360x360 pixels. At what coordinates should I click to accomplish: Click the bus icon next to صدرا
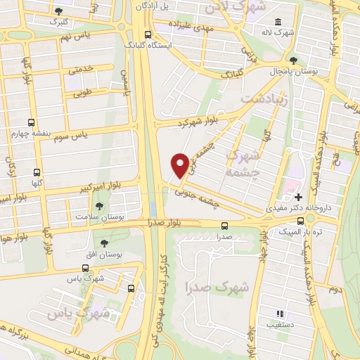click(224, 226)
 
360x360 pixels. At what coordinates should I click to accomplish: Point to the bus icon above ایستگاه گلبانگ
click(147, 34)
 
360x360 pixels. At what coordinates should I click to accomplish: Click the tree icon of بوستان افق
click(104, 243)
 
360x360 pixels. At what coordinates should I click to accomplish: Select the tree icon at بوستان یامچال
click(293, 60)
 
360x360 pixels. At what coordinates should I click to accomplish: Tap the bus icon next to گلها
click(37, 172)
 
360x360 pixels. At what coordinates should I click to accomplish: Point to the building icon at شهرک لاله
click(279, 21)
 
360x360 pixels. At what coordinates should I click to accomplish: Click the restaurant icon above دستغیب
click(279, 314)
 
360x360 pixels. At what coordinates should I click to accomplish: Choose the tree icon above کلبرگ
click(58, 11)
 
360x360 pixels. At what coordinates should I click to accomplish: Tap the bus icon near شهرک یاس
click(131, 288)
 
